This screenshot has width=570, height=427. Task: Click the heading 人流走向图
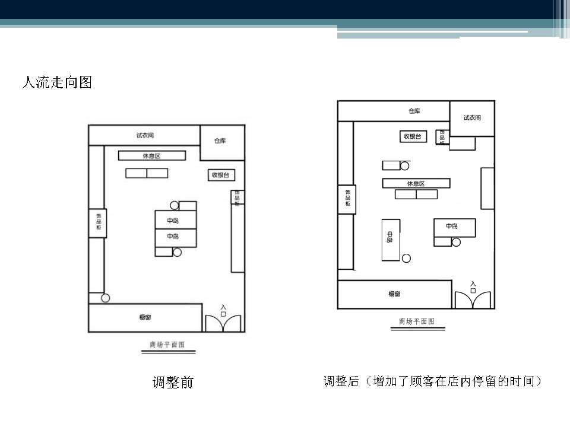point(57,82)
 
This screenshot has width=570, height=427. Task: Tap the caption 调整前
point(173,383)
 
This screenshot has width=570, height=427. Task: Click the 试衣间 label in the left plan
point(145,136)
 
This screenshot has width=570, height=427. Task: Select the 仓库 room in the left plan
point(221,142)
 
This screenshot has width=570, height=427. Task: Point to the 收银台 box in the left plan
point(220,175)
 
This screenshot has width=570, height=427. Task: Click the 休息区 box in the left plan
point(151,156)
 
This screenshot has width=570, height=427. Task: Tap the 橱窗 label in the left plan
point(145,318)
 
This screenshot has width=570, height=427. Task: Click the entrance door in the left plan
point(223,320)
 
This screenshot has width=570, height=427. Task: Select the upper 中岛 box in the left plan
point(173,220)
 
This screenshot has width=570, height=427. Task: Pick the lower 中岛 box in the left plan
point(173,237)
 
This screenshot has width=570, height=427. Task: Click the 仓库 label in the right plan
point(414,111)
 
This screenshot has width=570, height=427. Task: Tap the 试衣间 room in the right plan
point(472,117)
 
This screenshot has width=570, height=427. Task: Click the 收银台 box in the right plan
point(413,136)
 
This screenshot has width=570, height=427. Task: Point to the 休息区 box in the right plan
point(416,183)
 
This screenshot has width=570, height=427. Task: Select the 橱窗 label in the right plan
point(394,294)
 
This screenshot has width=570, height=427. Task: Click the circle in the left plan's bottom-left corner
point(106,298)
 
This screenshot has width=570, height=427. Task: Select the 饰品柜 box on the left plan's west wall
point(98,223)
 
